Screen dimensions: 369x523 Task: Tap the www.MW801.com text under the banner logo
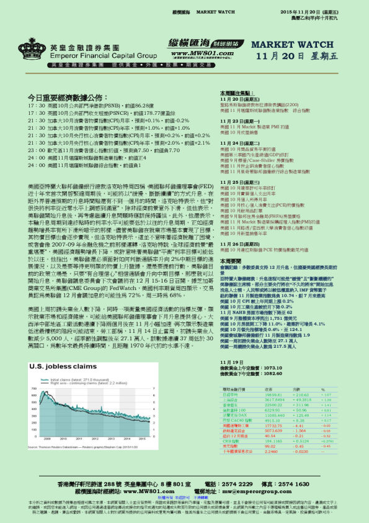pos(193,53)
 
